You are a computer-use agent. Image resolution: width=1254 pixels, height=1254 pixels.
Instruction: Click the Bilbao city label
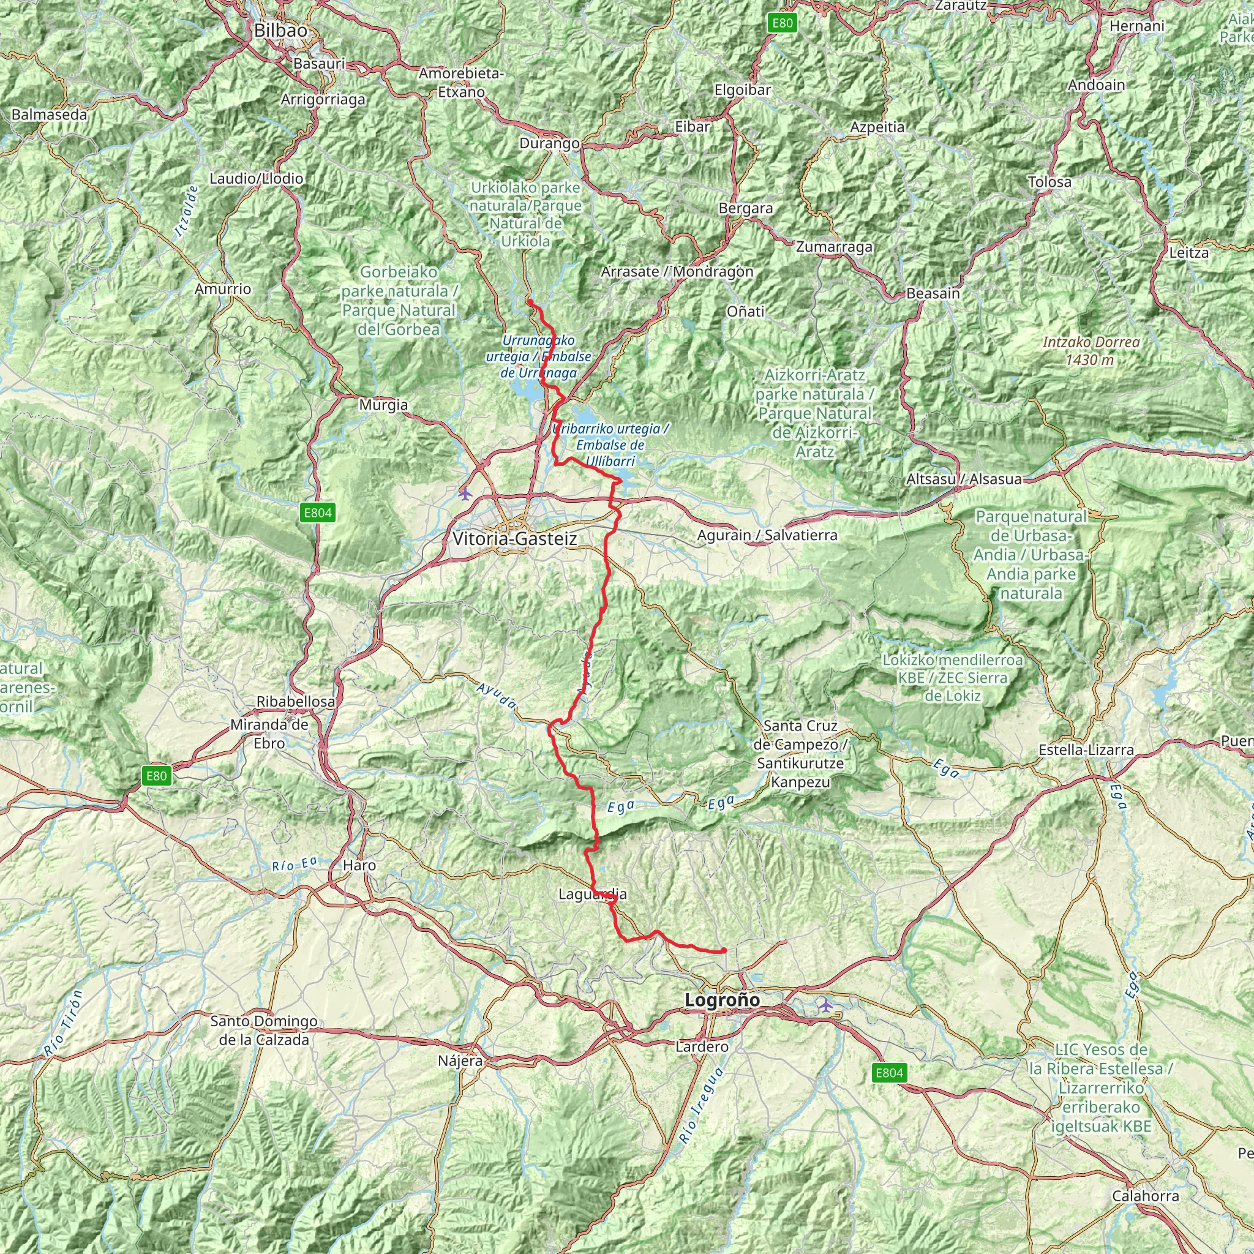(280, 31)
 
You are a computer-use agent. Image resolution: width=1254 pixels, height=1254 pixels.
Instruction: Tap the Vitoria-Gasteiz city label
(515, 539)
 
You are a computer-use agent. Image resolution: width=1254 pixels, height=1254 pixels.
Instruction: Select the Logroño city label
(722, 1001)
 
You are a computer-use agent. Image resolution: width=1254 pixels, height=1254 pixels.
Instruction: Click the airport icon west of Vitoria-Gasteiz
(465, 494)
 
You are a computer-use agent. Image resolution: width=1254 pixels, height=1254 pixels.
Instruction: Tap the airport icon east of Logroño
(825, 1005)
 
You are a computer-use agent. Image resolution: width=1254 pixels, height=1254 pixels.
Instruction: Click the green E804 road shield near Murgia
(318, 513)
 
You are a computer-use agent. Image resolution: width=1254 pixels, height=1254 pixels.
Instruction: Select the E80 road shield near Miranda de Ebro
(156, 776)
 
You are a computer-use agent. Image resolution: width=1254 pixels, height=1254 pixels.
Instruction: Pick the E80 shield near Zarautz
(782, 23)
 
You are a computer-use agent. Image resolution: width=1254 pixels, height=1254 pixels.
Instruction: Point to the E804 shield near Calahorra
(889, 1073)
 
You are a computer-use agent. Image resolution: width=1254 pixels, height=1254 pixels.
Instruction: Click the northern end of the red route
(530, 302)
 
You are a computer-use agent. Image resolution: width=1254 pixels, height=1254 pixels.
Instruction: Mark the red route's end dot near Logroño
(724, 951)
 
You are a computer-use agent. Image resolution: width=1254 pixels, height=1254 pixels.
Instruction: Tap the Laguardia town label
(592, 895)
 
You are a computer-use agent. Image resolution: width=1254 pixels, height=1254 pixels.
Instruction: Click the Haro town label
(359, 865)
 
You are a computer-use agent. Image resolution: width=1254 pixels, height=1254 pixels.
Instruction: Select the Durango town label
(549, 143)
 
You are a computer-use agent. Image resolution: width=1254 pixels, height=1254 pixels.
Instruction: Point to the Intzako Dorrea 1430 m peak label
(1091, 350)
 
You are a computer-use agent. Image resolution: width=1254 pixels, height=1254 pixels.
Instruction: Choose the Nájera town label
(460, 1061)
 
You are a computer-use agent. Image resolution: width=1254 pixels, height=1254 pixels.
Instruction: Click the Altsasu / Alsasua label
(963, 479)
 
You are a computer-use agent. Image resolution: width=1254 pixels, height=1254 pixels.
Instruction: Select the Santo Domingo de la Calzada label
(263, 1030)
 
